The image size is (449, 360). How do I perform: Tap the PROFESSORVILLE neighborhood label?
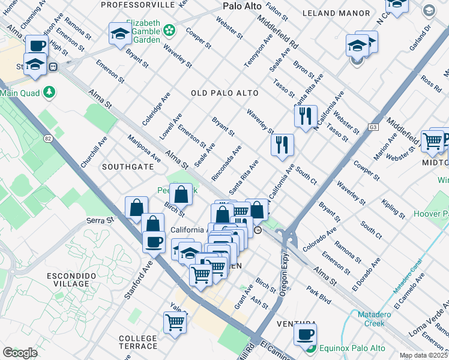pos(137,5)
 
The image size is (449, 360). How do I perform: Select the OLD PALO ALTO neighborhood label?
pos(224,93)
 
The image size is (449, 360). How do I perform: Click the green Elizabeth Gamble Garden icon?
pos(170,29)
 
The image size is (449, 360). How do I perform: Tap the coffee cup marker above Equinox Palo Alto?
pos(306,334)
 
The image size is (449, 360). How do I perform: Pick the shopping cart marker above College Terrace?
pos(175,322)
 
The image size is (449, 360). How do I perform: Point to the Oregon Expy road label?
pos(285,273)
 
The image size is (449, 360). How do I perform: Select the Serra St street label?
pos(97,221)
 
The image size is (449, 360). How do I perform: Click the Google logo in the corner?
pos(20,353)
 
